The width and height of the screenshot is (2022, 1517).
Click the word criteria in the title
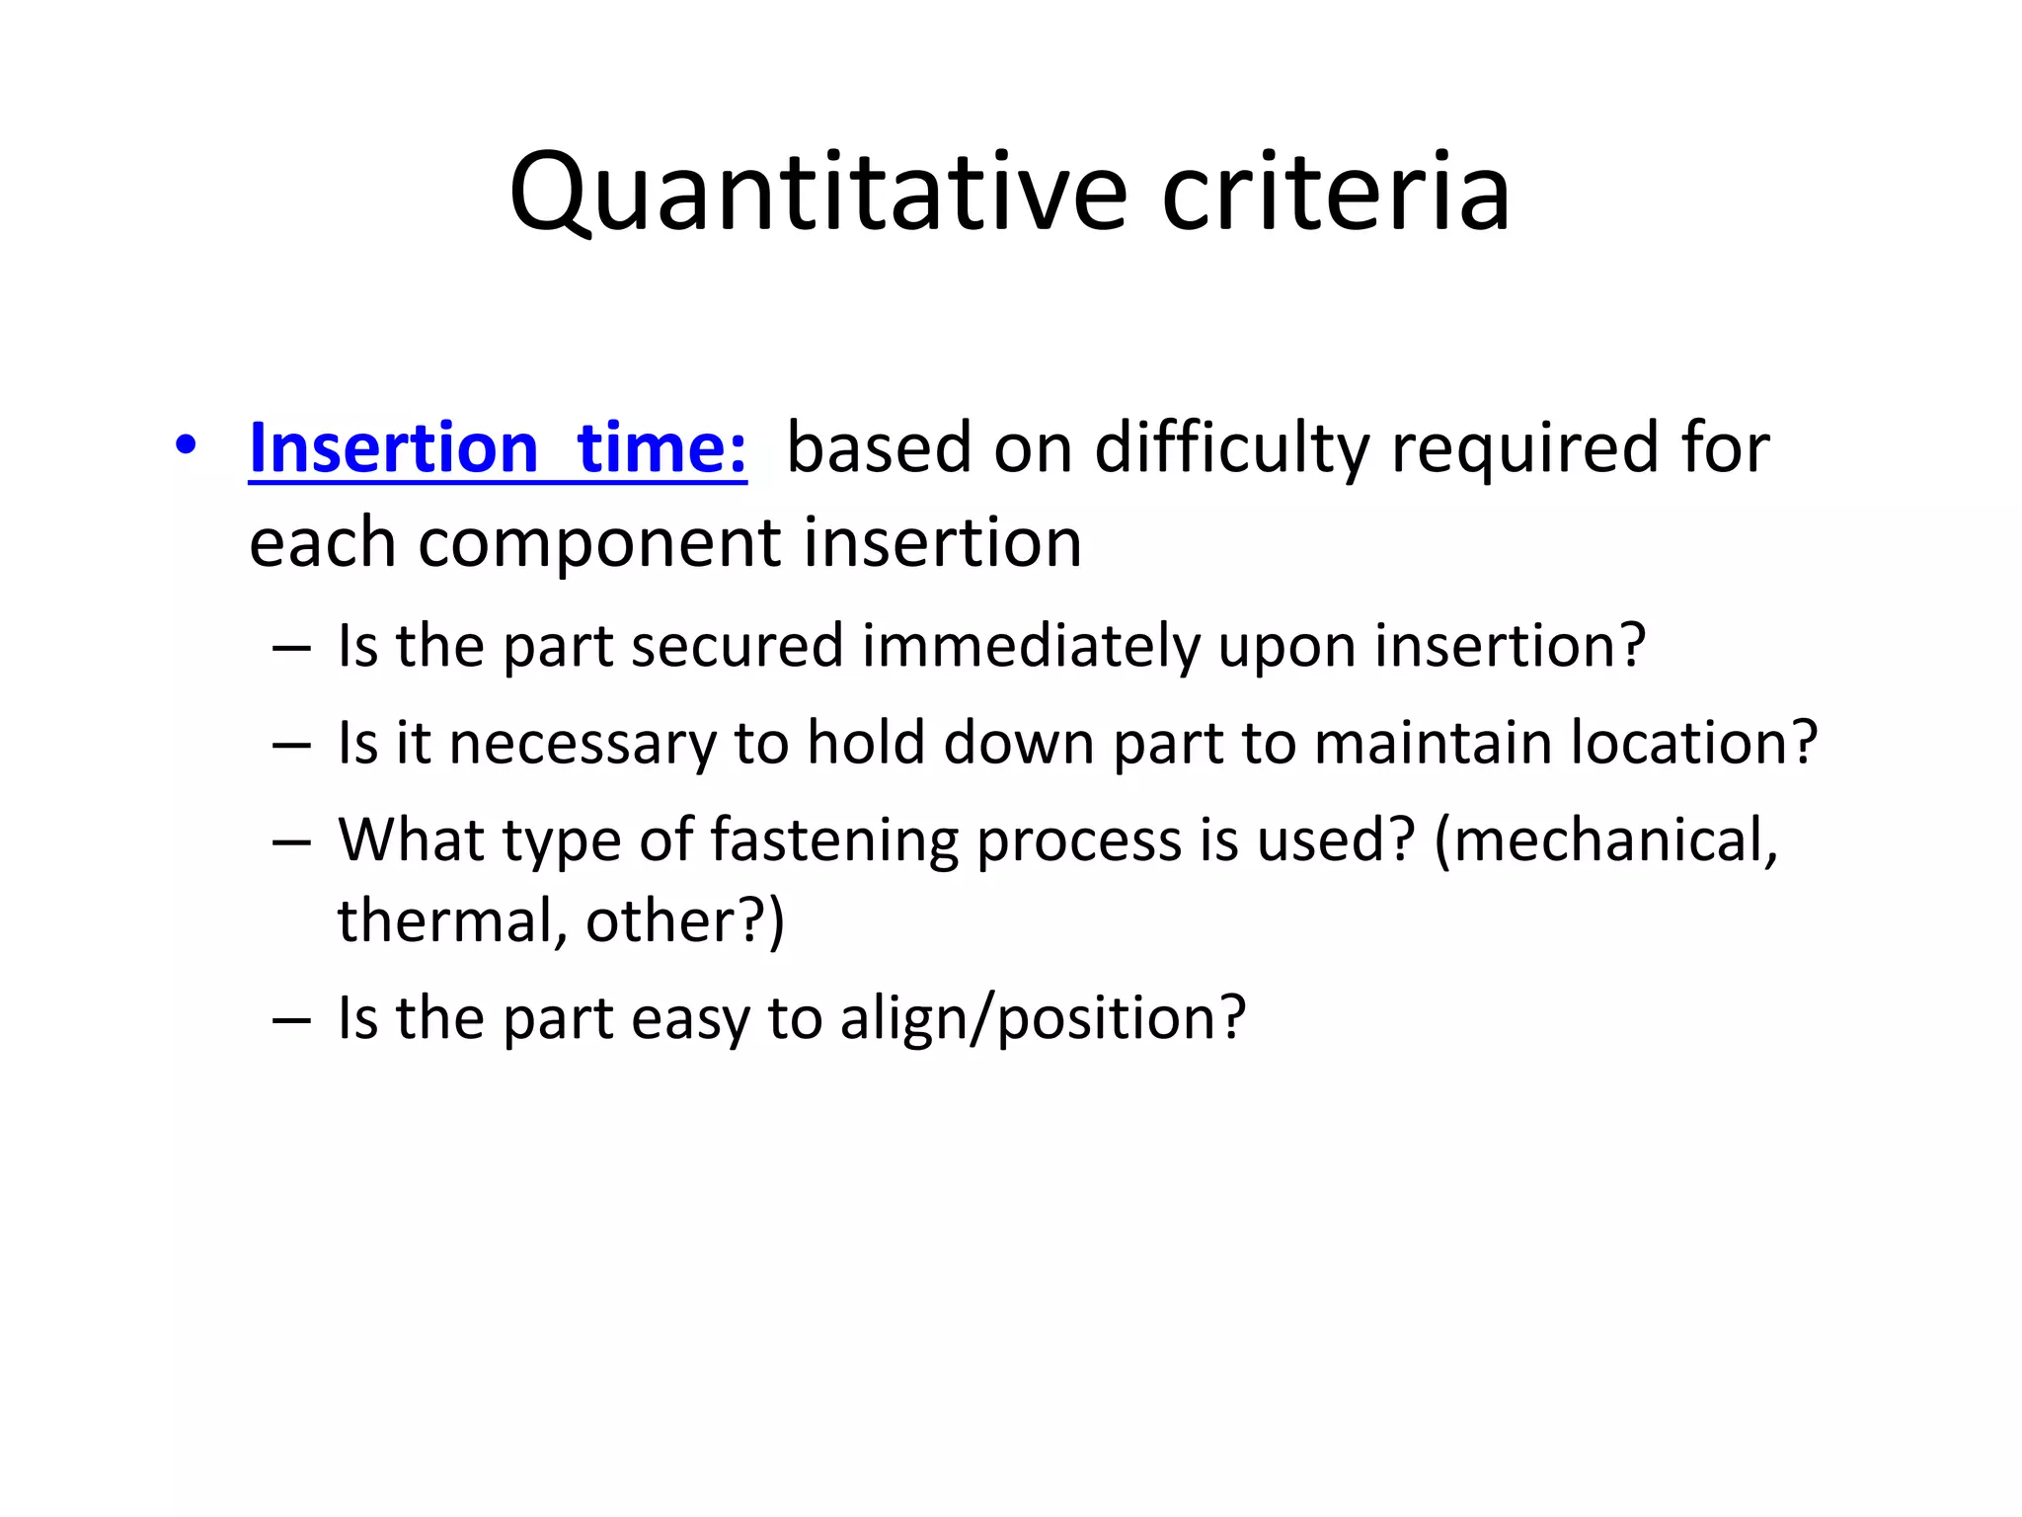pos(1335,193)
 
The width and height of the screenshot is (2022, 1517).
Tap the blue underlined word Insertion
pos(393,448)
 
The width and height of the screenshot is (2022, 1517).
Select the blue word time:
pos(661,448)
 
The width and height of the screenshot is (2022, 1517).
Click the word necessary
pos(582,743)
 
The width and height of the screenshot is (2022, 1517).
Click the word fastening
pos(834,841)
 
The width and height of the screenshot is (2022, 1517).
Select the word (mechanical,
pos(1606,841)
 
